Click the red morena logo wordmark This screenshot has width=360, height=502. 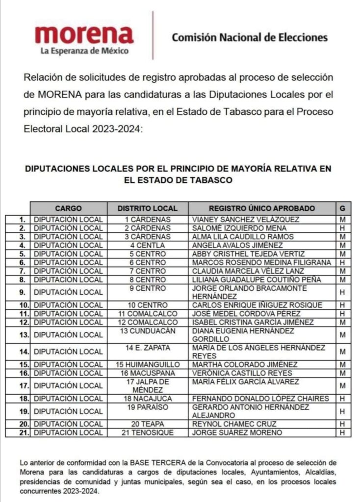(84, 34)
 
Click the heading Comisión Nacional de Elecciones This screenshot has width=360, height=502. (249, 37)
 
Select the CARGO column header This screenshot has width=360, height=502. (68, 208)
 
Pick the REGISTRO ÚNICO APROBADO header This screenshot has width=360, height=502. (262, 208)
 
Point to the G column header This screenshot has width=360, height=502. (342, 208)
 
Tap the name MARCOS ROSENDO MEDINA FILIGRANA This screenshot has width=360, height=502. (262, 262)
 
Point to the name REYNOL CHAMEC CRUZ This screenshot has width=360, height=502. (234, 424)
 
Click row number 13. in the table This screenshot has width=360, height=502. (22, 335)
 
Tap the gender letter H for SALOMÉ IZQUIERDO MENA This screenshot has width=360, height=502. (342, 228)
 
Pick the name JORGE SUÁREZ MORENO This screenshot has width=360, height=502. (237, 432)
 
